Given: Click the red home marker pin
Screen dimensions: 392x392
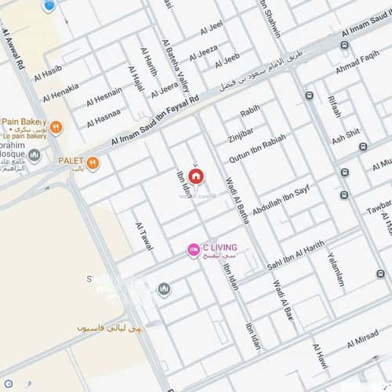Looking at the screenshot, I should pos(195,176).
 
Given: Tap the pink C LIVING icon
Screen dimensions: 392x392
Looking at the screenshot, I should pos(193,249).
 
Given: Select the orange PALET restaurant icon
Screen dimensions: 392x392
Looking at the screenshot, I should pos(93,163).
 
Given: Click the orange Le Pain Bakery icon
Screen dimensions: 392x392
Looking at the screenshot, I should pos(56,126).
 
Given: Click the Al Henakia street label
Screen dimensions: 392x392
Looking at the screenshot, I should pos(60,93).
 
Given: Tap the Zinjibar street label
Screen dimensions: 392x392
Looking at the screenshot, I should pos(241,129).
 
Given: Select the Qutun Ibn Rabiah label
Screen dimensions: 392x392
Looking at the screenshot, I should pos(257,142).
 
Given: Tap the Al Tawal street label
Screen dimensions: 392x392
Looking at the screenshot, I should pos(144,234).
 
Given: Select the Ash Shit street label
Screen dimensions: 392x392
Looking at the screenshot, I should pos(346,136).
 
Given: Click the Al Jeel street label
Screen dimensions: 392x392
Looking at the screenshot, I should pos(211,29).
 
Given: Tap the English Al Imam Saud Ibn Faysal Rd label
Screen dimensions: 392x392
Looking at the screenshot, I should pos(155,120).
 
